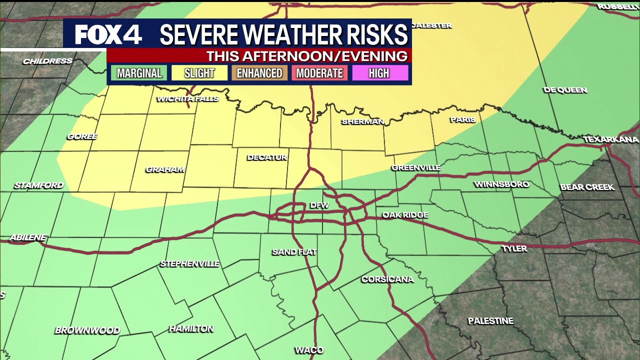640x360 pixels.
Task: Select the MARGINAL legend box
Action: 139,73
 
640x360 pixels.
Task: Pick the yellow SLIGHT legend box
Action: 199,73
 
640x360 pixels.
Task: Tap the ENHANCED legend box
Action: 259,73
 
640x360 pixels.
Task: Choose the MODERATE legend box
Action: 319,73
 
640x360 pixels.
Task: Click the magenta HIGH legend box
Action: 379,73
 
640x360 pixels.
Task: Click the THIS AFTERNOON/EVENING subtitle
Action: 307,56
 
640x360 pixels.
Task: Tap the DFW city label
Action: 319,205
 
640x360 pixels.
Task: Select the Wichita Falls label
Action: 188,98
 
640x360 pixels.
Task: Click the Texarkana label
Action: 611,139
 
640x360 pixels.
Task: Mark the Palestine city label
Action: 490,321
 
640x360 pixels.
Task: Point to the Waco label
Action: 309,350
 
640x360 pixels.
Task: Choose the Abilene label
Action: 27,237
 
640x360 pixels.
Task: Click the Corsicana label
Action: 387,279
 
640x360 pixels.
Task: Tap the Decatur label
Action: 267,157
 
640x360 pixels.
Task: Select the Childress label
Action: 47,61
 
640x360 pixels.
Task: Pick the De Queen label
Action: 565,90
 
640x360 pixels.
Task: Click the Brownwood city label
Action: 87,330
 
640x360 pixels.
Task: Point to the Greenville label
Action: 416,167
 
